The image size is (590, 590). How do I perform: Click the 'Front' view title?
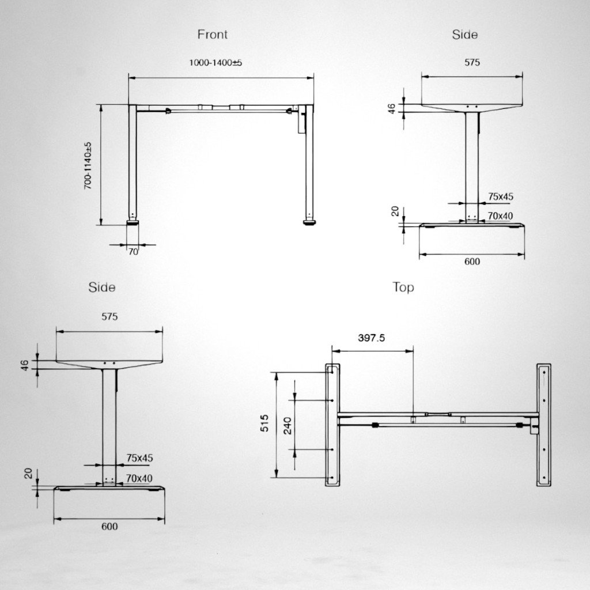coord(213,35)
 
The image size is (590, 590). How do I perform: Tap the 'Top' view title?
coord(403,287)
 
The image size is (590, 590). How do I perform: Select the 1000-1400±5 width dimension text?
coord(215,62)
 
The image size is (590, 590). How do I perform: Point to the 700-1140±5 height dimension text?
coord(88,165)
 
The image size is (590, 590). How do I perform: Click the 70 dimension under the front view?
coord(133,251)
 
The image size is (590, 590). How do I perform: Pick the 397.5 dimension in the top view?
coord(372,338)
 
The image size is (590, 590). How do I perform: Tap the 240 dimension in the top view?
coord(288,425)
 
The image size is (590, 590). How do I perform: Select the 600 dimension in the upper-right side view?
coord(471,262)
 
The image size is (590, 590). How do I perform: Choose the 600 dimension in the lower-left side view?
coord(109,527)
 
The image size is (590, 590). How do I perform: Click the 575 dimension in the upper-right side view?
coord(472,63)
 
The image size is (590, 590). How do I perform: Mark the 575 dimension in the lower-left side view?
coord(109,316)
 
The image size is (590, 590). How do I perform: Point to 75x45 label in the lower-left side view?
coord(140,458)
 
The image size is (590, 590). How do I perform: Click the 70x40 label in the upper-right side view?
coord(500,216)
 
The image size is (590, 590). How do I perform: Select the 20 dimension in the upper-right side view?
coord(395,211)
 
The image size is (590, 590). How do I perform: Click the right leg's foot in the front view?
coord(310,221)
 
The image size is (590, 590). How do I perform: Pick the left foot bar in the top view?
coord(331,425)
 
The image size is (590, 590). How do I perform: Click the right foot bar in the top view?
coord(543,425)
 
